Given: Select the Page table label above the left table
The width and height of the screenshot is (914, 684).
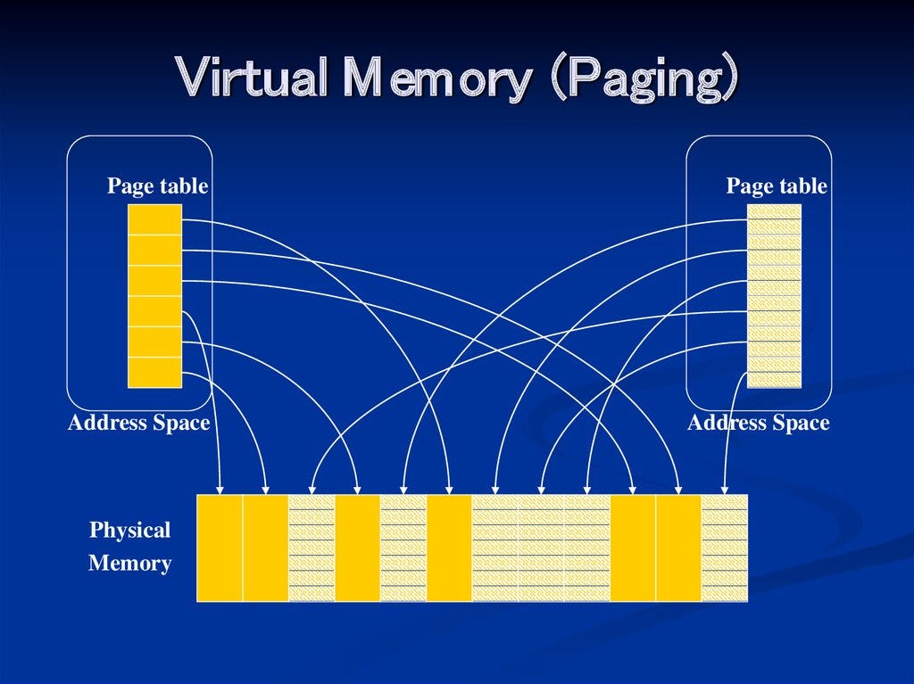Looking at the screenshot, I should (x=157, y=186).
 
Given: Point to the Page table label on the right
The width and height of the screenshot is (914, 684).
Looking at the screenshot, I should (x=777, y=186).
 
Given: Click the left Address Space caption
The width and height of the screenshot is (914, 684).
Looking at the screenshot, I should (x=138, y=423).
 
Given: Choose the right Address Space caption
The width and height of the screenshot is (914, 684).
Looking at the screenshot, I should (x=758, y=423).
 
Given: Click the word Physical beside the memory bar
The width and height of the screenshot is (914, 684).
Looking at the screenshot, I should (x=129, y=531).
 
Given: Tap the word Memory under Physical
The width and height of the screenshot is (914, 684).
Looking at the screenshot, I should (x=129, y=564).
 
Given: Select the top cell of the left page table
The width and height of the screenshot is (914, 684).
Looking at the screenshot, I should (x=154, y=219).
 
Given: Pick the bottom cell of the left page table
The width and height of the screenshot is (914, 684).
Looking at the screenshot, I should (x=154, y=372).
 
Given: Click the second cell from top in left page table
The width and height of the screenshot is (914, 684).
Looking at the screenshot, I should (x=154, y=250).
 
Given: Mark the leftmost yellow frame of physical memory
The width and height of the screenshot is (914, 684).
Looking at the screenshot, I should (x=220, y=548).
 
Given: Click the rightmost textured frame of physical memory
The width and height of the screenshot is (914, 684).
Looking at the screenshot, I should (x=724, y=548).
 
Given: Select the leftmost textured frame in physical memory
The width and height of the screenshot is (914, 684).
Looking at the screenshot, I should (x=312, y=548).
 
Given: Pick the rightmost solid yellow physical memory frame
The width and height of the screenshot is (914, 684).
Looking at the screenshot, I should (x=678, y=548).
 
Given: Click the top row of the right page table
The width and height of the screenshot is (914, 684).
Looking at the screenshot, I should (x=774, y=211).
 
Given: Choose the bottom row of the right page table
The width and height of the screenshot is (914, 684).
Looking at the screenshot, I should (x=774, y=380).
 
